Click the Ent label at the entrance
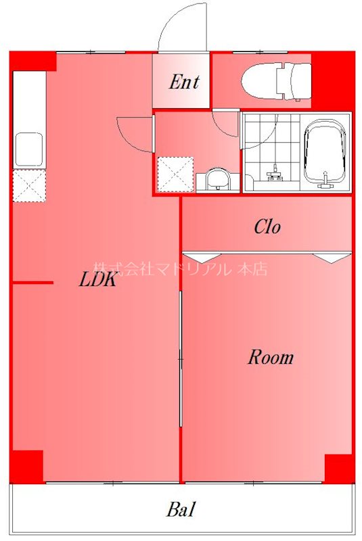coord(183,83)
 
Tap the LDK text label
coord(98,280)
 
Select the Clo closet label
coord(267,227)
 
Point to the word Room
coord(270,357)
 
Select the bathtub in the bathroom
coord(325,153)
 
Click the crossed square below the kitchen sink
coord(29,185)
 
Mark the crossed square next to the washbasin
coord(175,174)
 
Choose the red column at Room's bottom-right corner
coord(339,468)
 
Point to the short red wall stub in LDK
coord(32,283)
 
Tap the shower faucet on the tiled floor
coord(275,172)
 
